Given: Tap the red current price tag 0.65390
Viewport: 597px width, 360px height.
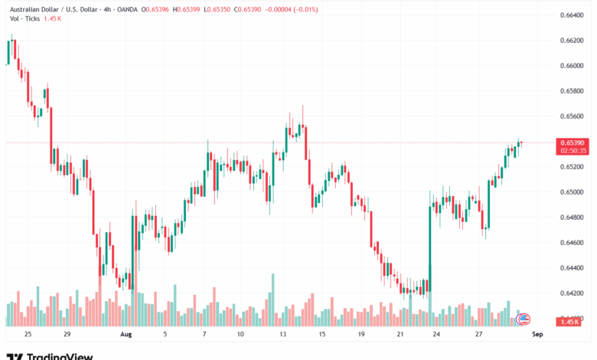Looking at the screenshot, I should point(573,142).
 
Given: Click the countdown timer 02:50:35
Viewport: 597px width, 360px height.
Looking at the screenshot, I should point(573,151).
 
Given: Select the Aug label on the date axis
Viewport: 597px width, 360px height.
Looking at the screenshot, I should point(126,335).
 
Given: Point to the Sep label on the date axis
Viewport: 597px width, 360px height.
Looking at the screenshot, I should point(537,335).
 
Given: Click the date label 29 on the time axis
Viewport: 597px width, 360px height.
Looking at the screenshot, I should point(67,335).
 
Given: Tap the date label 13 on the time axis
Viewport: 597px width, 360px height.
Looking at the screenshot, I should point(283,335).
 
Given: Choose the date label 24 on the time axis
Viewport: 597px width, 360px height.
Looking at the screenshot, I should point(436,335).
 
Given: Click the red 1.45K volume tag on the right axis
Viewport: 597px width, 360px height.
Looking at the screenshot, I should point(569,322).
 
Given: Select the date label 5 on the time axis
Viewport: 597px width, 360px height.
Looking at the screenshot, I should point(165,335).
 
